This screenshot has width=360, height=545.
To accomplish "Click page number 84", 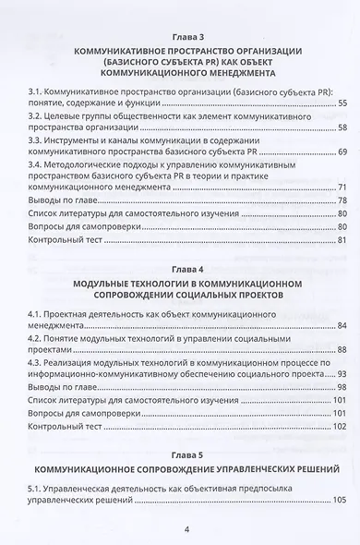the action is point(342,326).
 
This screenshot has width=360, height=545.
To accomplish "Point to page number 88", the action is point(342,350).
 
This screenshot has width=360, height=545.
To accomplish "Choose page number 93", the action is point(342,374).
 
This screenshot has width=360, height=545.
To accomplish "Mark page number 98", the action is point(342,388).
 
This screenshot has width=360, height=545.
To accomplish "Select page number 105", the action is point(339,500).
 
